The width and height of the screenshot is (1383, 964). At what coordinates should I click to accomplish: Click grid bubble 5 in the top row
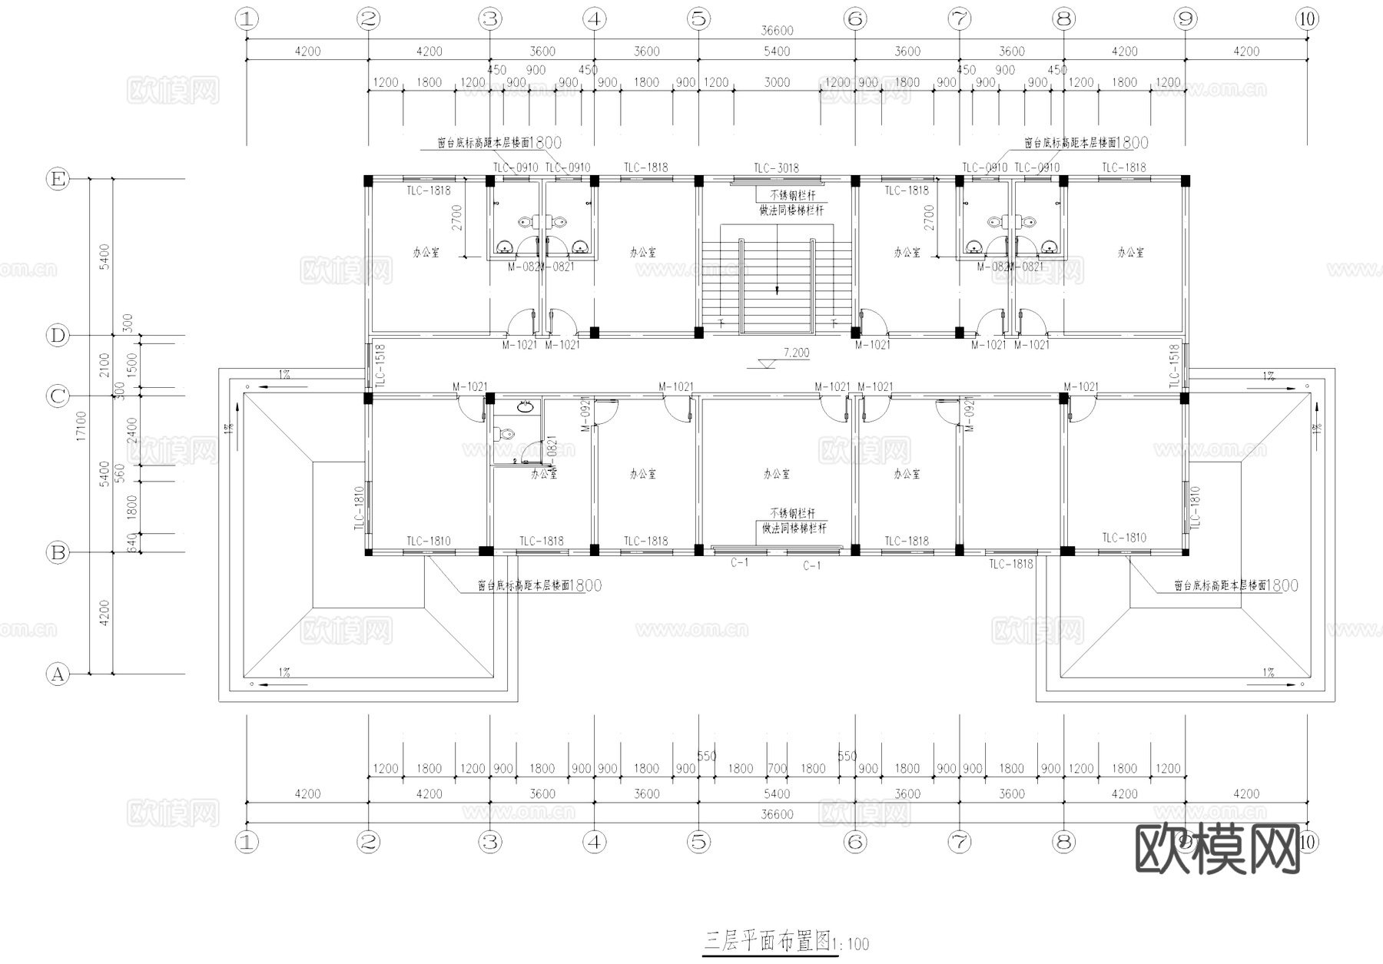click(x=698, y=19)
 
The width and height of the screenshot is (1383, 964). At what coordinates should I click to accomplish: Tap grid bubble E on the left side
click(x=58, y=180)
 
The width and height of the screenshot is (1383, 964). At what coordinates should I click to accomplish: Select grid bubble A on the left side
click(x=58, y=674)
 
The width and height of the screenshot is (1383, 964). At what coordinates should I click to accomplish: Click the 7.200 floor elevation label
click(x=796, y=353)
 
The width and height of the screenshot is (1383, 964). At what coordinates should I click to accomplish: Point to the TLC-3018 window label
click(x=776, y=168)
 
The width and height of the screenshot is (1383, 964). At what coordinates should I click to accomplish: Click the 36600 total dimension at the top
click(x=777, y=31)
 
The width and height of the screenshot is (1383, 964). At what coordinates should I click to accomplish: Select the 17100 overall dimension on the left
click(x=81, y=427)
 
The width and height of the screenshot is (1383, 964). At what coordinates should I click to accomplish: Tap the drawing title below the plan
click(x=768, y=941)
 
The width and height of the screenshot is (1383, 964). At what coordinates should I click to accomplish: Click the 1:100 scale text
click(x=851, y=944)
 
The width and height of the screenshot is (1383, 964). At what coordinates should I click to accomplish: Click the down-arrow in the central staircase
click(x=777, y=290)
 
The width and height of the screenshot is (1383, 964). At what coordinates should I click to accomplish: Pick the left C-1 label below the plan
click(x=739, y=563)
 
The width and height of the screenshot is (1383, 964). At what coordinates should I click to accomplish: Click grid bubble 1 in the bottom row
click(x=247, y=842)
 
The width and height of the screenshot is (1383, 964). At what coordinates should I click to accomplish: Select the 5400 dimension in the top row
click(x=777, y=51)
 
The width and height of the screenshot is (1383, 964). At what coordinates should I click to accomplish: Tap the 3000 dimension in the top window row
click(x=777, y=82)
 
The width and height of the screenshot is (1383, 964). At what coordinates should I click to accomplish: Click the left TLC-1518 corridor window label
click(x=380, y=366)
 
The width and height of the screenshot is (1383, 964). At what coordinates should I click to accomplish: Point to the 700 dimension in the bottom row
click(x=777, y=768)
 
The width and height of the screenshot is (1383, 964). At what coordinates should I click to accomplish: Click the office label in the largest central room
click(x=776, y=474)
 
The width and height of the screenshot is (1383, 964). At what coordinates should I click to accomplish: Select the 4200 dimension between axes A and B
click(x=104, y=613)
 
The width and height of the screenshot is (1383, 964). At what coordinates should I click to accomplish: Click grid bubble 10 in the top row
click(x=1307, y=19)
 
